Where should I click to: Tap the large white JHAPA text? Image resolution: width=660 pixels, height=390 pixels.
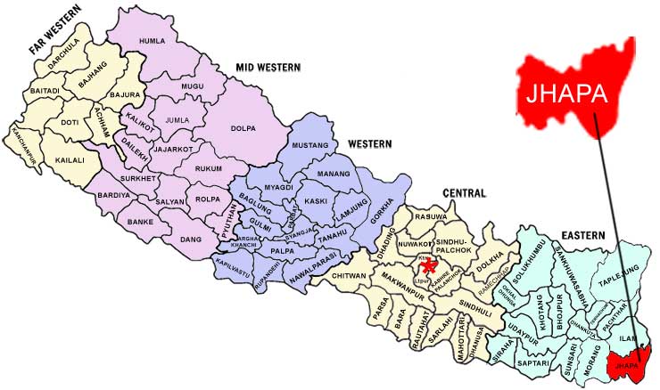click(563, 93)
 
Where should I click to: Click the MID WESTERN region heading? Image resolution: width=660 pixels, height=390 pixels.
click(268, 67)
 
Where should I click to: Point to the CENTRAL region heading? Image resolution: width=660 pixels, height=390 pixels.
click(464, 192)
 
